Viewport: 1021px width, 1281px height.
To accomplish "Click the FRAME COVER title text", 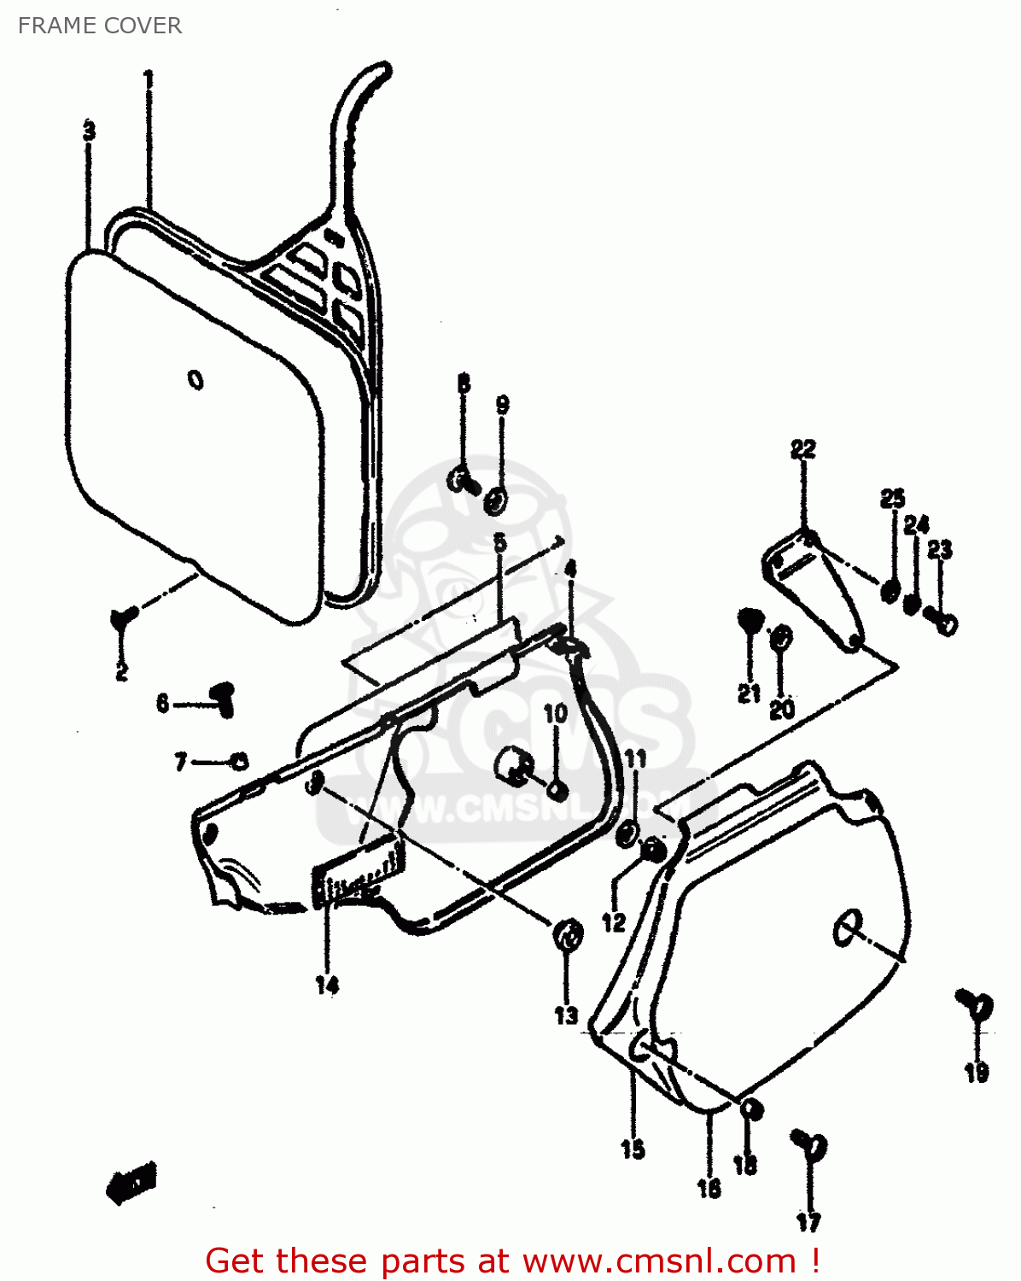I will pyautogui.click(x=100, y=26).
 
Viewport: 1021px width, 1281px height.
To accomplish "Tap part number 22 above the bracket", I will pyautogui.click(x=802, y=449).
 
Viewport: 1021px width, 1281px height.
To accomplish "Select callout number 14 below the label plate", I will pyautogui.click(x=327, y=985).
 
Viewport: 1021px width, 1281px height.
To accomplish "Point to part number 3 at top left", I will pyautogui.click(x=89, y=132).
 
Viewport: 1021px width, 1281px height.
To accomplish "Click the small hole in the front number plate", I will pyautogui.click(x=195, y=379).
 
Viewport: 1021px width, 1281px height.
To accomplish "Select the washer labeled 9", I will pyautogui.click(x=494, y=501).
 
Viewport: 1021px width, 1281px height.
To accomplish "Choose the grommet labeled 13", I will pyautogui.click(x=567, y=933).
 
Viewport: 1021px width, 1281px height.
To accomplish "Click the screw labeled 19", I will pyautogui.click(x=975, y=1005).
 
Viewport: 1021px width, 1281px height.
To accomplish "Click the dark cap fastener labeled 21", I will pyautogui.click(x=749, y=619).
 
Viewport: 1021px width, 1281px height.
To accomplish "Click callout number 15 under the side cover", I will pyautogui.click(x=633, y=1149).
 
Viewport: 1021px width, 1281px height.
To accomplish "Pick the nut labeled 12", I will pyautogui.click(x=652, y=850).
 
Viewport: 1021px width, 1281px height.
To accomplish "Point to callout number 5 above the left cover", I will pyautogui.click(x=499, y=541).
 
